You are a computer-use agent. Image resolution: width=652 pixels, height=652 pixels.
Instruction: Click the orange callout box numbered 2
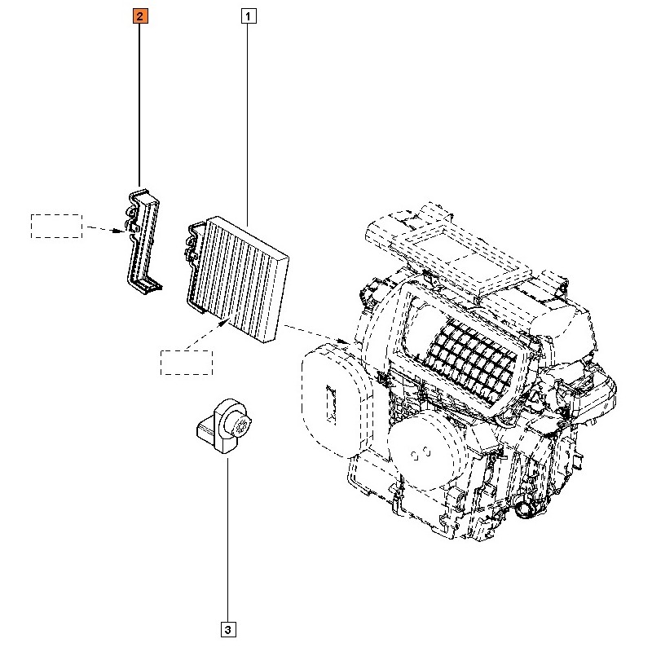pos(140,15)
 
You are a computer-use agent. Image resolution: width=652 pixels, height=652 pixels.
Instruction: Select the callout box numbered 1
pos(248,15)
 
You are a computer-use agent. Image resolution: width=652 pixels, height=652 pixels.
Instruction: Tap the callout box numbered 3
pos(227,629)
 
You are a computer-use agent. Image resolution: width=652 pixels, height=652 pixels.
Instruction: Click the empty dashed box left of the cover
pos(56,226)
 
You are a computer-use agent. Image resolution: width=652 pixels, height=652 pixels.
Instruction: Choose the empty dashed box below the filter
pos(186,362)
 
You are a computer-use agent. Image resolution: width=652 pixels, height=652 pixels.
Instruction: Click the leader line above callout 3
pos(227,538)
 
